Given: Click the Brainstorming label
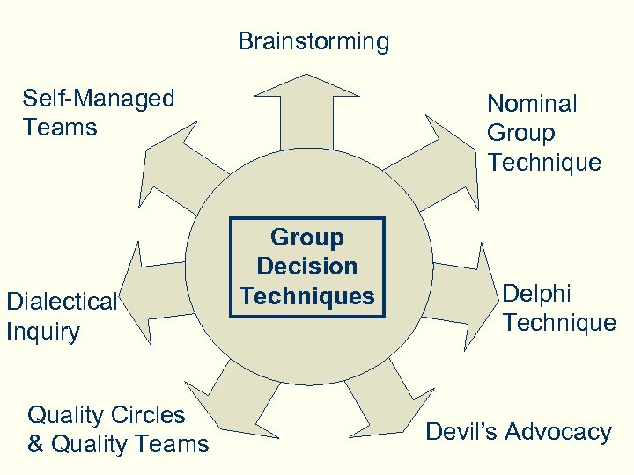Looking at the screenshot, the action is [313, 41].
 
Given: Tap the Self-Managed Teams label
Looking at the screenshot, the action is [98, 113].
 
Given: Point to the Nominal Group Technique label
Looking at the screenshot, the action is [544, 133].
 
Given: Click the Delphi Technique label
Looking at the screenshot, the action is [558, 308].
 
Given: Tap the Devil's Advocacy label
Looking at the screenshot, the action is [518, 432].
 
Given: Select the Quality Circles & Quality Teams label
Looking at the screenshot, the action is [118, 429].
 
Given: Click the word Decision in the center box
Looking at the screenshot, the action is [306, 267].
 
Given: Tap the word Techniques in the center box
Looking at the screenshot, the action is [306, 296].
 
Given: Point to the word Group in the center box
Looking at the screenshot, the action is [306, 237].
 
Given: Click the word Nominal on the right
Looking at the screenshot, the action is [532, 104].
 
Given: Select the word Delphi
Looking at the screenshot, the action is [537, 293].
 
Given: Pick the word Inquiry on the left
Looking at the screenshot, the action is [42, 332].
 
